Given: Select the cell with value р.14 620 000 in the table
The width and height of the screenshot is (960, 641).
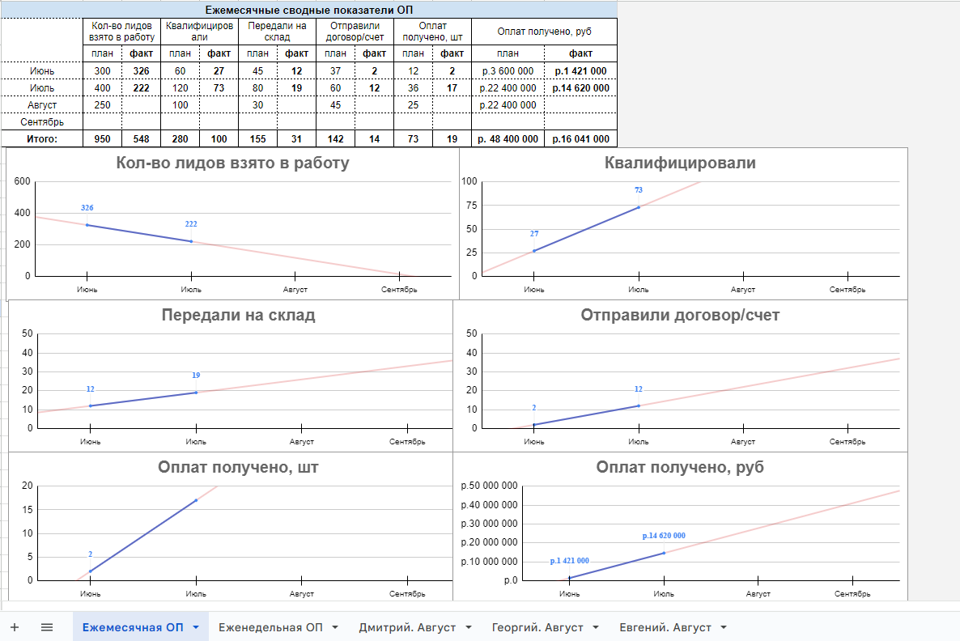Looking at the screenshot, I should [580, 87].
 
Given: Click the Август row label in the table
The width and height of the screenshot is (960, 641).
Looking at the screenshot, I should [41, 105].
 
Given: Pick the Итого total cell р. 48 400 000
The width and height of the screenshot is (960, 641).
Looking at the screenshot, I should [508, 139].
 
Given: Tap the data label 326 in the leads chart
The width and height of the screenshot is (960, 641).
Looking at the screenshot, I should [87, 208].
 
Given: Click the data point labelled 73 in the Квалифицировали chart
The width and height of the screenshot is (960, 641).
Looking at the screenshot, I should [639, 207].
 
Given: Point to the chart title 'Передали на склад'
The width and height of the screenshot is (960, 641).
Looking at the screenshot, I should [238, 316].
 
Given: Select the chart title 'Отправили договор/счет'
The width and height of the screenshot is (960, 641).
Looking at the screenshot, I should [680, 316].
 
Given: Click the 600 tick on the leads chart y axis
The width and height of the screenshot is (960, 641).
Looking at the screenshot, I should [22, 182].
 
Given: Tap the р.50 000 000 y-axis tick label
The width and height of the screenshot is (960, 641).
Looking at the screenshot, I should [488, 486].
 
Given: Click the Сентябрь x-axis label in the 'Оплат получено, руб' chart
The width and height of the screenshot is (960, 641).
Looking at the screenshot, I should [852, 594].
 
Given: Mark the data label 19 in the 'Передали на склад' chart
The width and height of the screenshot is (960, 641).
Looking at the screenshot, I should [196, 376].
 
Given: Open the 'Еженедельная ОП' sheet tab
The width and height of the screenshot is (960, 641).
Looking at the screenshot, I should [271, 627].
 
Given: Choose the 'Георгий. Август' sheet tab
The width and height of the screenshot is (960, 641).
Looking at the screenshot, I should [537, 627].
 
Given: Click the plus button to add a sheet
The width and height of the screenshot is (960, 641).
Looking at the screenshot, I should [15, 627].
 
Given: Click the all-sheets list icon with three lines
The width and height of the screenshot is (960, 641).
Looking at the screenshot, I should [47, 627].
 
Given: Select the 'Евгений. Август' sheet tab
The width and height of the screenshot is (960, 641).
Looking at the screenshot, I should [665, 627].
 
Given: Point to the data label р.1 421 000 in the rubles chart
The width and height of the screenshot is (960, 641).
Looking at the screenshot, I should [569, 561].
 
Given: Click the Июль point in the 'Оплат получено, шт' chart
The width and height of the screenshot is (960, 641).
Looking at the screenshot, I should [196, 500].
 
